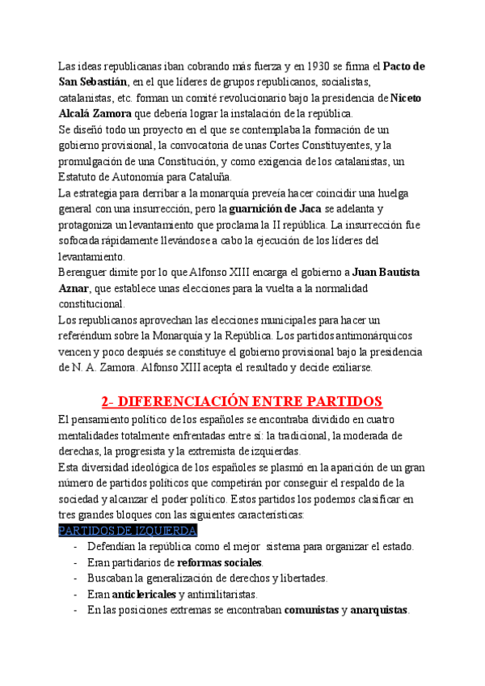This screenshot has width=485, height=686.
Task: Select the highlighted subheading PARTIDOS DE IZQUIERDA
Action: coord(128,530)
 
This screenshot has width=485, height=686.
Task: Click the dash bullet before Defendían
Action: coord(75,546)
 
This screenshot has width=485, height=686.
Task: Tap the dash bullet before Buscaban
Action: coord(75,578)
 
